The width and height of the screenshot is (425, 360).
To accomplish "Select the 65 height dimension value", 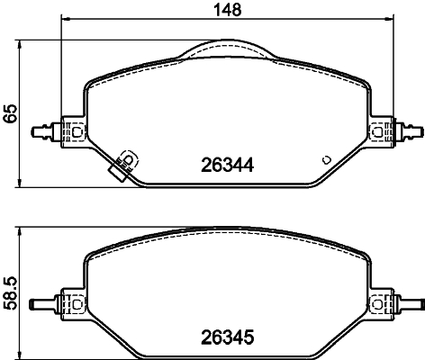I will pos(11,113).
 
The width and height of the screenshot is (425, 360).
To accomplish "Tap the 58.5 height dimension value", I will pos(11,293).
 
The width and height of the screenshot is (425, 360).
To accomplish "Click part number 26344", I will pos(227,166).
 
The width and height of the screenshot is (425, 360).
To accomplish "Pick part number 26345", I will pos(227,339).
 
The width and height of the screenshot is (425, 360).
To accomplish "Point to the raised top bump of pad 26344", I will pos(227,49).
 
